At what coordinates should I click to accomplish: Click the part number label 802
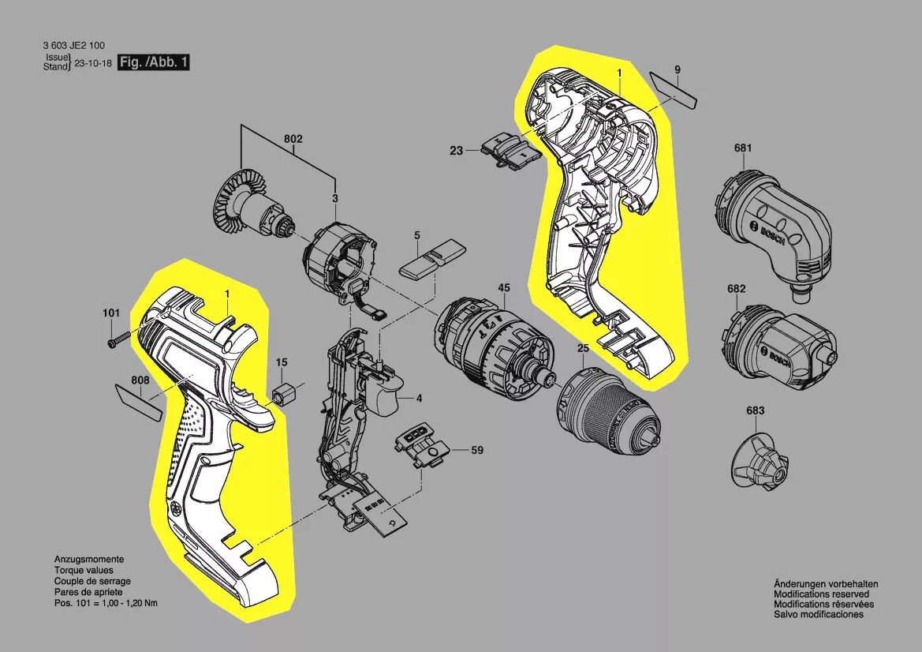[x=293, y=139]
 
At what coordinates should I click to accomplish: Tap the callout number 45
[x=504, y=288]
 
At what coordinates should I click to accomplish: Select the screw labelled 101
[x=119, y=339]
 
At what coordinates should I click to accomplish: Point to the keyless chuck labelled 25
[x=609, y=411]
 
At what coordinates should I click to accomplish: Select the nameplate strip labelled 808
[x=138, y=402]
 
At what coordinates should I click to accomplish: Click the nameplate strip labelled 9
[x=674, y=89]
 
